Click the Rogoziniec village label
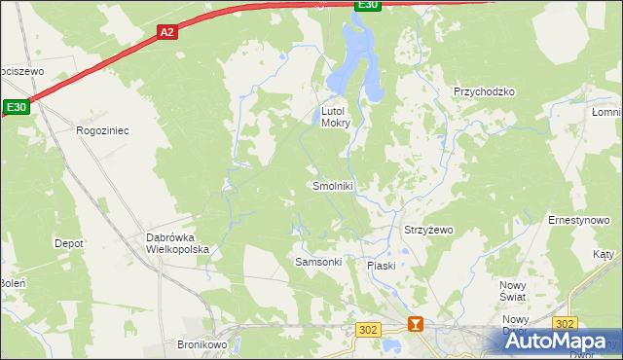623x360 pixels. tap(102, 129)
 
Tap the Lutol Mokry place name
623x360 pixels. tap(336, 117)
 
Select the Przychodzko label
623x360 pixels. tap(484, 91)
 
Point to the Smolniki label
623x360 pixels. tap(332, 186)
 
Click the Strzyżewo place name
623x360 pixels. tap(428, 231)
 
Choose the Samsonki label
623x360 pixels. tap(317, 264)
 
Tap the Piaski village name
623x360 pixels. tap(381, 266)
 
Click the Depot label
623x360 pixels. tap(68, 243)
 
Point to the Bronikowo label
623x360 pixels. tap(202, 344)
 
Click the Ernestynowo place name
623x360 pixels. tap(578, 221)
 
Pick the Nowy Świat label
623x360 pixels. tap(512, 290)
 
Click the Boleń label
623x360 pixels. tap(12, 283)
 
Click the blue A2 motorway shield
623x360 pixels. tap(167, 32)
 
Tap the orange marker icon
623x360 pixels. tap(417, 324)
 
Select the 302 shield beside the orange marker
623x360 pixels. tap(367, 330)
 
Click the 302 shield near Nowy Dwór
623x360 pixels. tap(565, 322)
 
